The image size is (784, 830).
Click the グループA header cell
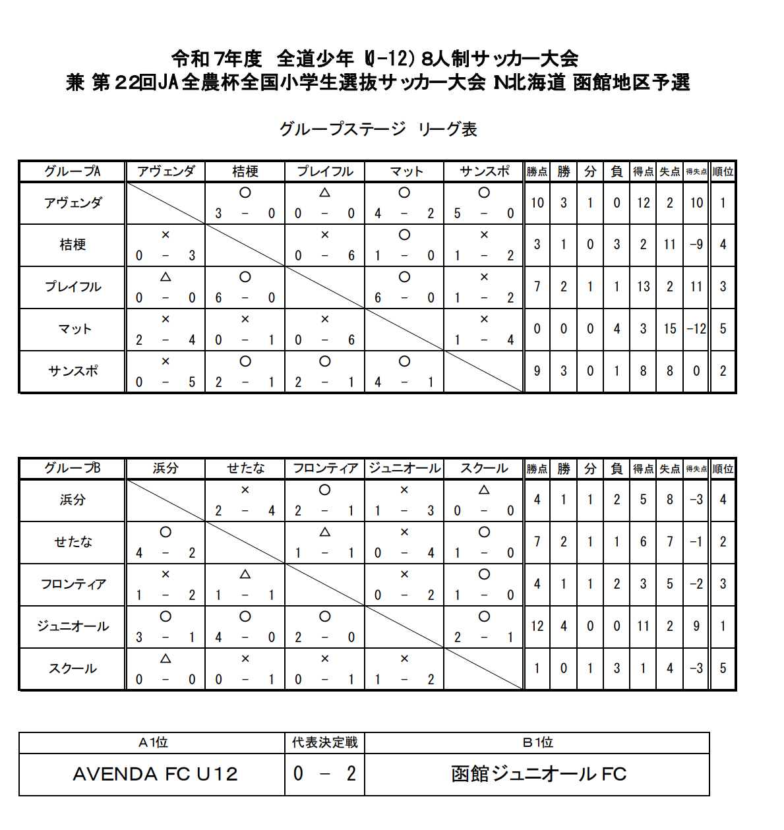coord(73,171)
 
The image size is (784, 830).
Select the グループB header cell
coord(73,468)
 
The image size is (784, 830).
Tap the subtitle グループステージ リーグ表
coord(378,129)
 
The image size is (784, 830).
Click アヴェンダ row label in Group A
coord(73,203)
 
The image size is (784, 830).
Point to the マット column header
coord(405,171)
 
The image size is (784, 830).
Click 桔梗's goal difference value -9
coord(696,245)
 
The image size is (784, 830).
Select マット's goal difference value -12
coord(696,328)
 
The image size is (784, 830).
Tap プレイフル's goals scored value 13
coord(643,286)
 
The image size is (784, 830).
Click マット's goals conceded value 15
coord(670,328)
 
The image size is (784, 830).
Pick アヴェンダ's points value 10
coord(537,203)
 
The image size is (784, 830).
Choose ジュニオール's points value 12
coord(537,626)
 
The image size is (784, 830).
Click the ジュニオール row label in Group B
coord(73,626)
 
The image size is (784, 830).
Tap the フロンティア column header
coord(325,468)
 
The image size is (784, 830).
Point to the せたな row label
coord(73,542)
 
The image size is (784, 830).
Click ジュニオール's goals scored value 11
coord(643,626)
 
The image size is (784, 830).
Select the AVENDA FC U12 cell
coord(155,774)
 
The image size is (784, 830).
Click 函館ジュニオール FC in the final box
coord(538,774)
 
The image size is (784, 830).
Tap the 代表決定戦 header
coord(324,743)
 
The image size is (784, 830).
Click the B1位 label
coord(537,743)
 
